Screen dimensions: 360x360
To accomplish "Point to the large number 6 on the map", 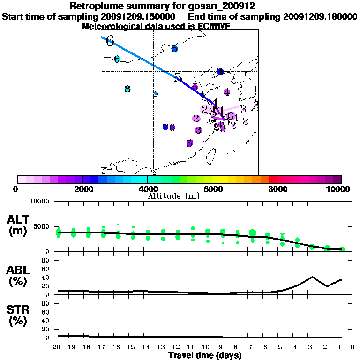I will (110, 41).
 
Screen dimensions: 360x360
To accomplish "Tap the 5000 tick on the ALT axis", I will (42, 226).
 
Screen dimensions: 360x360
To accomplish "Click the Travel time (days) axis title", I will (205, 356).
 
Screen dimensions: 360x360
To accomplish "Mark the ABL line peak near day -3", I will (312, 277).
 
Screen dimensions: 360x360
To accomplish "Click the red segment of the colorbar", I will (272, 179).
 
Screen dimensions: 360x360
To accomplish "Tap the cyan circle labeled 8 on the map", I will (127, 89).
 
